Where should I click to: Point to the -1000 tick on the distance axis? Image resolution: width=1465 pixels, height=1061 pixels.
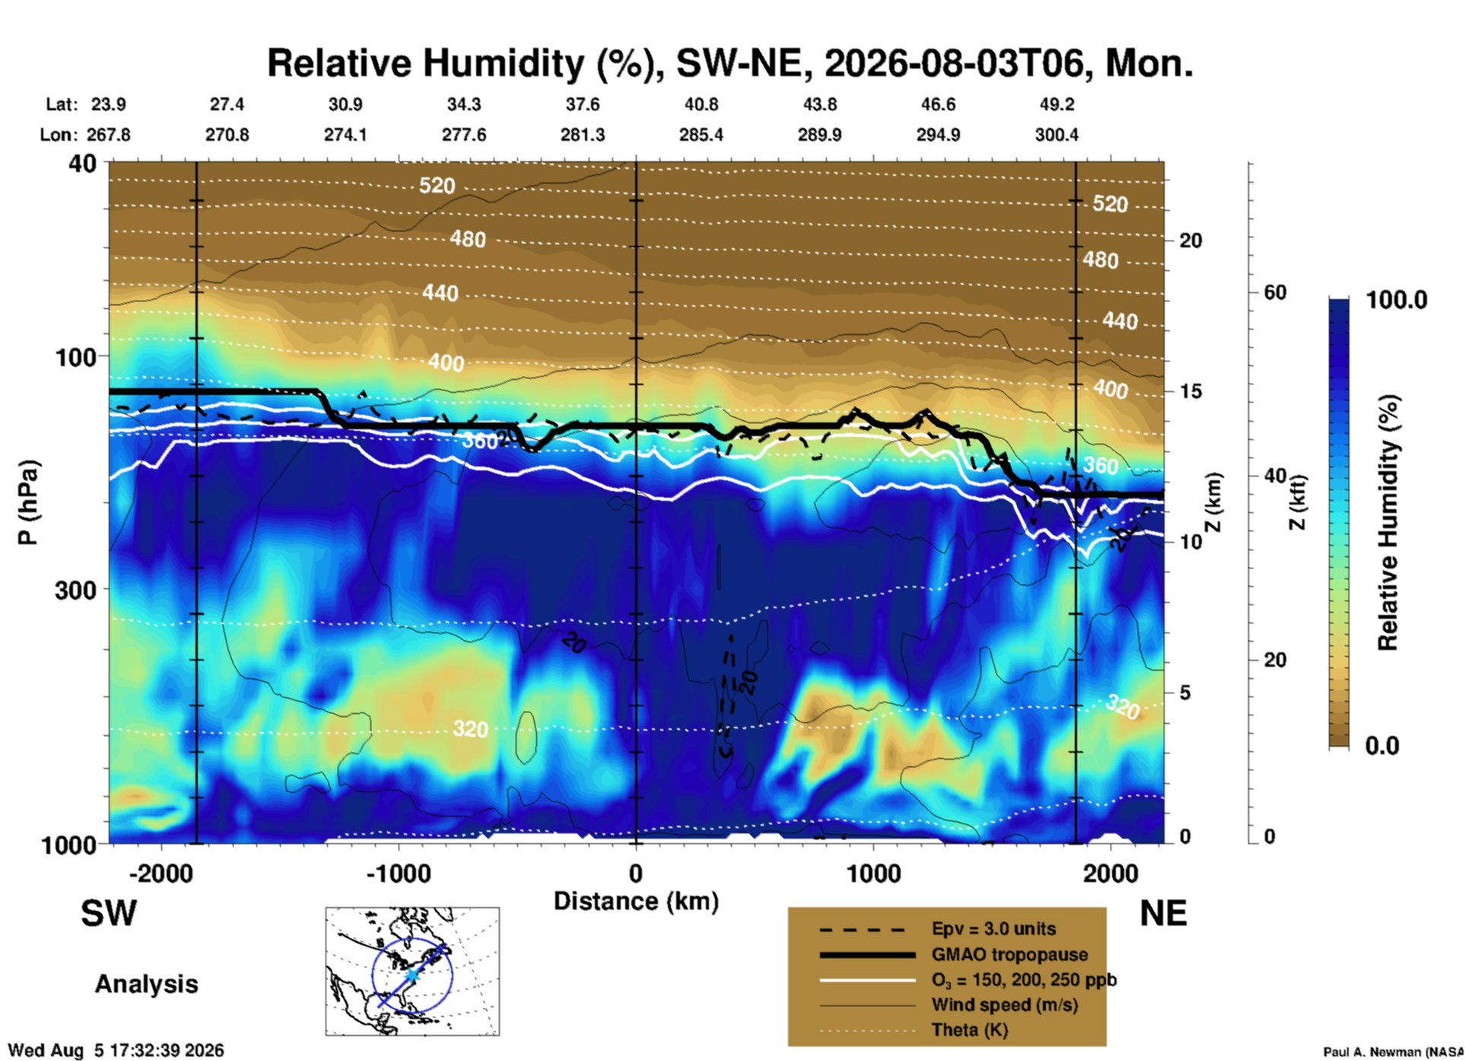pyautogui.click(x=399, y=874)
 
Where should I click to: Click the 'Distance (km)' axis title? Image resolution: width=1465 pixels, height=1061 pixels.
pyautogui.click(x=636, y=901)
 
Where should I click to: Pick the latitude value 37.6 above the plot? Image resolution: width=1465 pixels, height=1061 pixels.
pyautogui.click(x=582, y=104)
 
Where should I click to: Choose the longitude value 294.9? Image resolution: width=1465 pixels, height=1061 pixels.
pyautogui.click(x=938, y=135)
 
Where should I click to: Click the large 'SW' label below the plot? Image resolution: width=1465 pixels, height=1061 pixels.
pyautogui.click(x=109, y=913)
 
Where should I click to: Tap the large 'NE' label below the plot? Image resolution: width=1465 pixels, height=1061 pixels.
pyautogui.click(x=1163, y=913)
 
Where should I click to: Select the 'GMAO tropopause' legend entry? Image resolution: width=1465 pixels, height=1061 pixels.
pyautogui.click(x=1009, y=954)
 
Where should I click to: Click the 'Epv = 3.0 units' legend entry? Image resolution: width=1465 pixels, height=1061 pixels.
pyautogui.click(x=993, y=929)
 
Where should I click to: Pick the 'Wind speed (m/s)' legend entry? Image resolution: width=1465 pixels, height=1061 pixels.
pyautogui.click(x=1004, y=1005)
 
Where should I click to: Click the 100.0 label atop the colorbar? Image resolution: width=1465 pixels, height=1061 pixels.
pyautogui.click(x=1397, y=300)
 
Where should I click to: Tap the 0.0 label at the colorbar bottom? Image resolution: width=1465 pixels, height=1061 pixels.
pyautogui.click(x=1382, y=746)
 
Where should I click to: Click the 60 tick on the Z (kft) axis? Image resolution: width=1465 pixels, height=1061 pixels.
pyautogui.click(x=1275, y=292)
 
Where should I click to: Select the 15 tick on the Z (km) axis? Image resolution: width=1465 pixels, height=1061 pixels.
pyautogui.click(x=1190, y=391)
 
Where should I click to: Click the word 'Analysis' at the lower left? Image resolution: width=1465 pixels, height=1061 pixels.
pyautogui.click(x=146, y=984)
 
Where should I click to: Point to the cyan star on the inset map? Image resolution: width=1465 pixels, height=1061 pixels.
pyautogui.click(x=412, y=975)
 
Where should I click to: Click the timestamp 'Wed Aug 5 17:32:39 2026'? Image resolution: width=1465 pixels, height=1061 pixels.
pyautogui.click(x=116, y=1051)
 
